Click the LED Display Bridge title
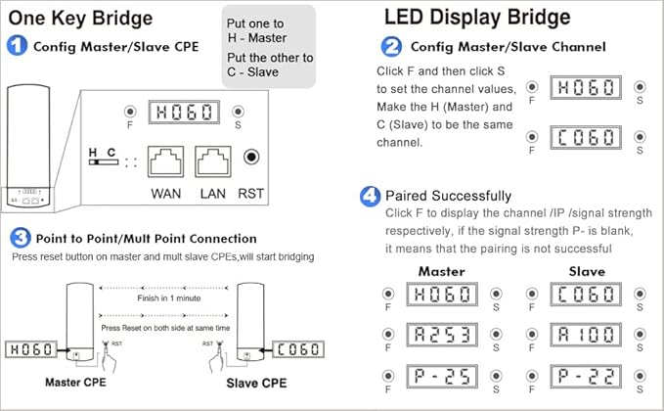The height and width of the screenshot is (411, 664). click(x=477, y=17)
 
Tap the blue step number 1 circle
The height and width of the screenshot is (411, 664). click(x=18, y=46)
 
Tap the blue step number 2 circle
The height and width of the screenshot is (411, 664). click(x=391, y=46)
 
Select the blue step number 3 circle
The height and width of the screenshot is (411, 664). click(x=19, y=238)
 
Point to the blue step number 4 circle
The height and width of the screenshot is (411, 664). click(x=370, y=196)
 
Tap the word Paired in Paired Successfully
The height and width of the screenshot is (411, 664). click(x=408, y=196)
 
